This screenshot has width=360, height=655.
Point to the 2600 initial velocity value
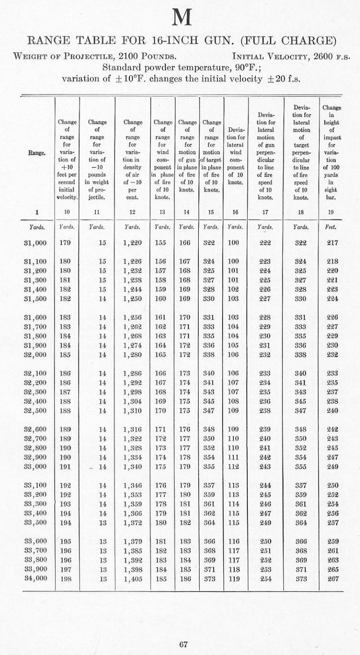point(316,57)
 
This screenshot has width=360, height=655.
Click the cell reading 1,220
point(133,243)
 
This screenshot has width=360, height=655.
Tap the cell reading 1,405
point(133,579)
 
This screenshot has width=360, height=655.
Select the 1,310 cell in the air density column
point(133,410)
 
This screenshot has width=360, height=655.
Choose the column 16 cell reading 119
point(235,579)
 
